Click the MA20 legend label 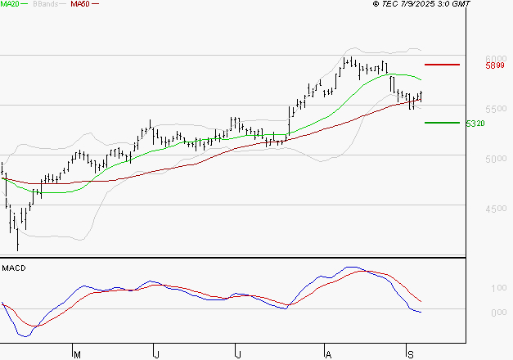(x=11, y=4)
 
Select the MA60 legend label (x=80, y=4)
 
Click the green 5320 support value (x=475, y=124)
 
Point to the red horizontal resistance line (x=442, y=64)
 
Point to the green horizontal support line (x=442, y=123)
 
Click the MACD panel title (x=14, y=268)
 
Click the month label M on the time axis (x=77, y=353)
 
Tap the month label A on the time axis (x=328, y=353)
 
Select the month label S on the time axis (x=409, y=353)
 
